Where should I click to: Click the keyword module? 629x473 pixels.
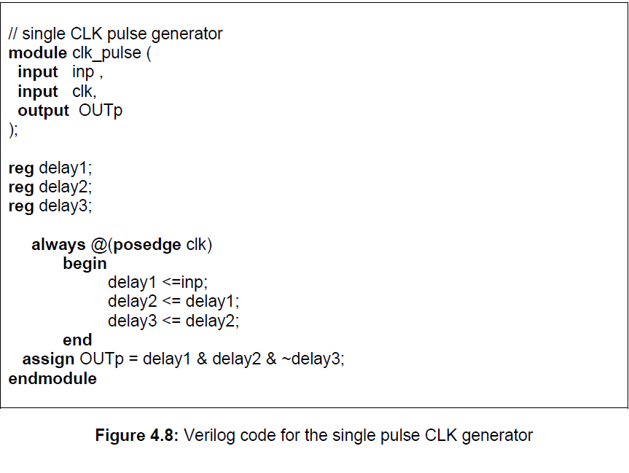coord(38,53)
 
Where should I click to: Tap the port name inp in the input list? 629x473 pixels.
coord(83,72)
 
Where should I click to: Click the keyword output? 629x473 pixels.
coord(43,111)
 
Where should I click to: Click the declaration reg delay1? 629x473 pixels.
coord(50,168)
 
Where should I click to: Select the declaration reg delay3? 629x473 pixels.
coord(50,206)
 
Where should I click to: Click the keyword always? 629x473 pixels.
coord(58,245)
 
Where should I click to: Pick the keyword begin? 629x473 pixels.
coord(85,264)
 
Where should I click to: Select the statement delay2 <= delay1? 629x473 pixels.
coord(173,302)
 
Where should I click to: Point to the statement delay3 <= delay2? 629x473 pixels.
coord(173,321)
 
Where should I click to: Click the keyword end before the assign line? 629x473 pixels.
coord(77,340)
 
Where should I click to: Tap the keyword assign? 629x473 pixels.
coord(48,359)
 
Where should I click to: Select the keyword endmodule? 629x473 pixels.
coord(52,379)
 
